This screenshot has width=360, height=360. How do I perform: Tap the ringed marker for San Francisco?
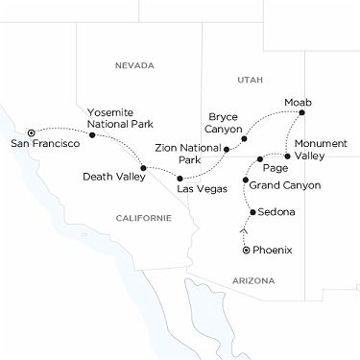pos(31,132)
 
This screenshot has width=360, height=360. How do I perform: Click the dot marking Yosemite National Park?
pos(92,134)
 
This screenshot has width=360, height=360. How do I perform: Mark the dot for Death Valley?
pos(143,169)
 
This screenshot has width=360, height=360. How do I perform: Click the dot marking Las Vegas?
pos(180,179)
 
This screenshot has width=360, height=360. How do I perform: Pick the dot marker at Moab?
pos(301,113)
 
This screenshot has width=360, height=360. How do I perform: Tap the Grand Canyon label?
pos(287,185)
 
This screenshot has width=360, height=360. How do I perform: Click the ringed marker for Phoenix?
pos(246,250)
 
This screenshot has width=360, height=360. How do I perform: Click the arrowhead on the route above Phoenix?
pos(246,231)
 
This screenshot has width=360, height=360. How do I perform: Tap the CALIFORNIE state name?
pos(143,218)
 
